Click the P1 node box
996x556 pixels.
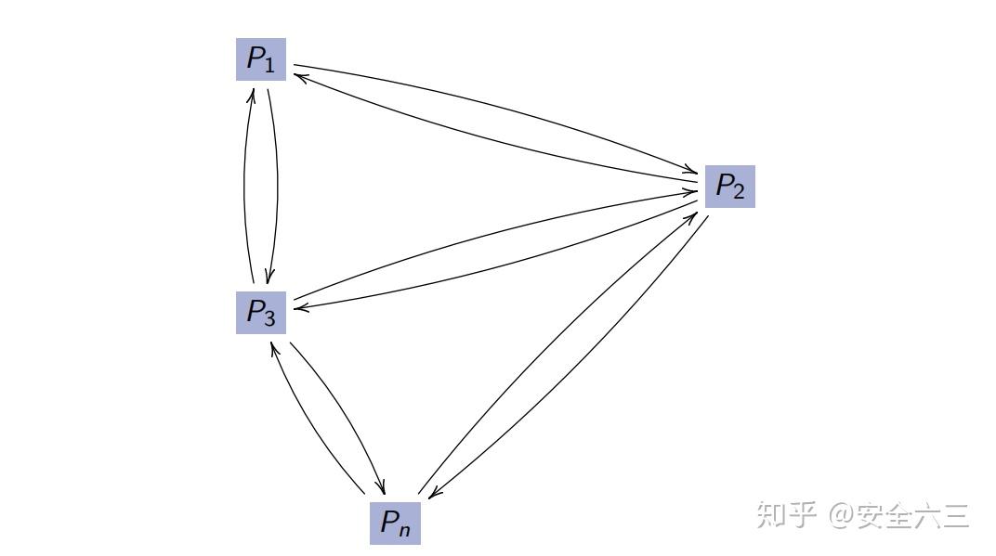tap(260, 59)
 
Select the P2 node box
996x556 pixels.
tap(729, 187)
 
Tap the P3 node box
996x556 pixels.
tap(260, 313)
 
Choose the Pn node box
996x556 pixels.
tap(395, 523)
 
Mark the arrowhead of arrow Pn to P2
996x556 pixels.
tap(695, 212)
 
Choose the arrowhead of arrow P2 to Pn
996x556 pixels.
tap(431, 497)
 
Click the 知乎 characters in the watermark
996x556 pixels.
tap(786, 513)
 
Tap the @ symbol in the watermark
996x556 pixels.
tap(842, 514)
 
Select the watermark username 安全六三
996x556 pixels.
tap(914, 513)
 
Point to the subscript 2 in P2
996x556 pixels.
tap(739, 193)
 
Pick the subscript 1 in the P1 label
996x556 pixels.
tap(269, 66)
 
